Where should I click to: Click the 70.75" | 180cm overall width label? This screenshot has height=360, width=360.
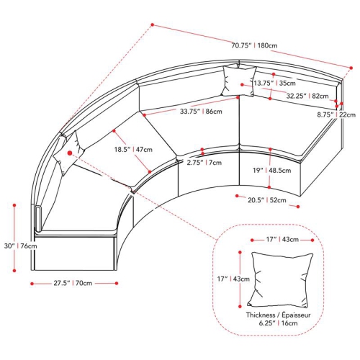[x=254, y=45]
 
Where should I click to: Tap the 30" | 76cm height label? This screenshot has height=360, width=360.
[x=21, y=246]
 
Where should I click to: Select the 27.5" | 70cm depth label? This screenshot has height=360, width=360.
[x=73, y=283]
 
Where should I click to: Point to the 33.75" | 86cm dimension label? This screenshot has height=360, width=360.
[x=201, y=112]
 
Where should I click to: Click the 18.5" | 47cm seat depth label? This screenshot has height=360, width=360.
[x=133, y=150]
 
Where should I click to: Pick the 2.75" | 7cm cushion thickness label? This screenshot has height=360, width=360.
[x=204, y=163]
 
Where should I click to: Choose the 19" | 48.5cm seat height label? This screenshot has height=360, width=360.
[x=272, y=171]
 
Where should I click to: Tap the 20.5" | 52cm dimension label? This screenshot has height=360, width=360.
[x=267, y=200]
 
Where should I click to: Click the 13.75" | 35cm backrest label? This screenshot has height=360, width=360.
[x=275, y=84]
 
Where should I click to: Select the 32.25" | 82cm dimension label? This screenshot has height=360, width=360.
[x=307, y=96]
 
